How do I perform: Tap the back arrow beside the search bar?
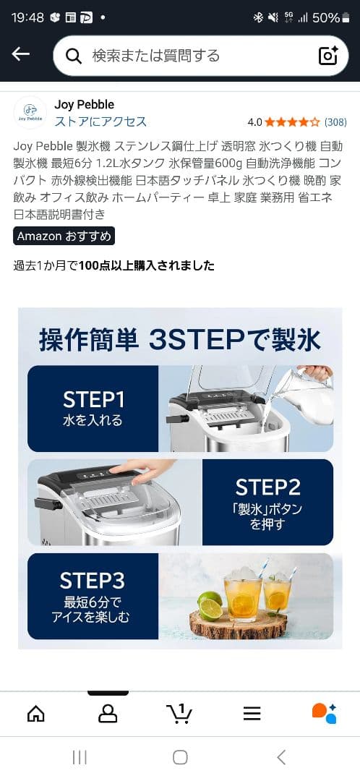pyautogui.click(x=21, y=55)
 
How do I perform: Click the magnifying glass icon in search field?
pyautogui.click(x=73, y=56)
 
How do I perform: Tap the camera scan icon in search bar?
pyautogui.click(x=328, y=56)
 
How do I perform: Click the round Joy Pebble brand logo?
pyautogui.click(x=30, y=112)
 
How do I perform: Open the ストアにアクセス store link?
pyautogui.click(x=100, y=121)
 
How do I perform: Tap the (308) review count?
pyautogui.click(x=335, y=122)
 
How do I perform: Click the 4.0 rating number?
pyautogui.click(x=254, y=122)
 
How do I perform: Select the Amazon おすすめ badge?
pyautogui.click(x=64, y=236)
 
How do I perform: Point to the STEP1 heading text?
pyautogui.click(x=93, y=400)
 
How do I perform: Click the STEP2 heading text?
pyautogui.click(x=267, y=487)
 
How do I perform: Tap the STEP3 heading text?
pyautogui.click(x=93, y=581)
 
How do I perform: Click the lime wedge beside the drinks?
pyautogui.click(x=209, y=606)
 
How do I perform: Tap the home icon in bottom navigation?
pyautogui.click(x=35, y=714)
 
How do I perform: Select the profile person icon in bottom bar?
pyautogui.click(x=108, y=714)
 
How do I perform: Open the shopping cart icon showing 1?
pyautogui.click(x=179, y=714)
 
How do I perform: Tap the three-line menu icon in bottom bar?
pyautogui.click(x=252, y=714)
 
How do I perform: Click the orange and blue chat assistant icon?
pyautogui.click(x=324, y=713)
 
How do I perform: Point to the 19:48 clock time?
pyautogui.click(x=27, y=17)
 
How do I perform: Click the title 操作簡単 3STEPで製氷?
pyautogui.click(x=180, y=339)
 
